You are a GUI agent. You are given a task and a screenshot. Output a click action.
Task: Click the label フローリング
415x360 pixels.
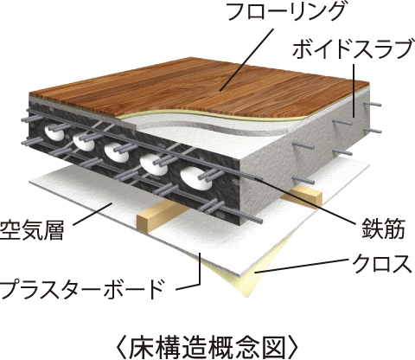(284, 11)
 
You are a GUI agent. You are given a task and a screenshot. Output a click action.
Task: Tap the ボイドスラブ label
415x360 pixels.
(352, 49)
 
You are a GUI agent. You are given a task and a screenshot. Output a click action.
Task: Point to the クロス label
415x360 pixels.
(382, 264)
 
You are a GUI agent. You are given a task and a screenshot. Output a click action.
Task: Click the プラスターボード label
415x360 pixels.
(83, 289)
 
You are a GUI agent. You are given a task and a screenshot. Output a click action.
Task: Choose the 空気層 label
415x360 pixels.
(32, 229)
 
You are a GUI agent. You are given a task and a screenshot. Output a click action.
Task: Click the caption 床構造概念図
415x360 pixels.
(207, 346)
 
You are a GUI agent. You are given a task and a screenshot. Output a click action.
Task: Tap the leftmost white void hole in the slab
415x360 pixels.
(54, 132)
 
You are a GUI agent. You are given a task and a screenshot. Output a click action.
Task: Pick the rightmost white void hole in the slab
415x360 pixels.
(195, 179)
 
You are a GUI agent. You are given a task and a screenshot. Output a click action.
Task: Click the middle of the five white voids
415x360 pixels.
(116, 151)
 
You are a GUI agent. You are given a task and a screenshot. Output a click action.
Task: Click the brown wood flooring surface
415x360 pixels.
(201, 87)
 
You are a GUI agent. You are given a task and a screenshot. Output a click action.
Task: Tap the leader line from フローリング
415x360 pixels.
(246, 61)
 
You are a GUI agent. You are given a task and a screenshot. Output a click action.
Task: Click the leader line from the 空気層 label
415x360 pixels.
(93, 214)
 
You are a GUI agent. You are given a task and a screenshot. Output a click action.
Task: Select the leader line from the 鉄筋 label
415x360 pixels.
(305, 201)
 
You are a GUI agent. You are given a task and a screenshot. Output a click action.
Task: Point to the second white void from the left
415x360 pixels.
(84, 141)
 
